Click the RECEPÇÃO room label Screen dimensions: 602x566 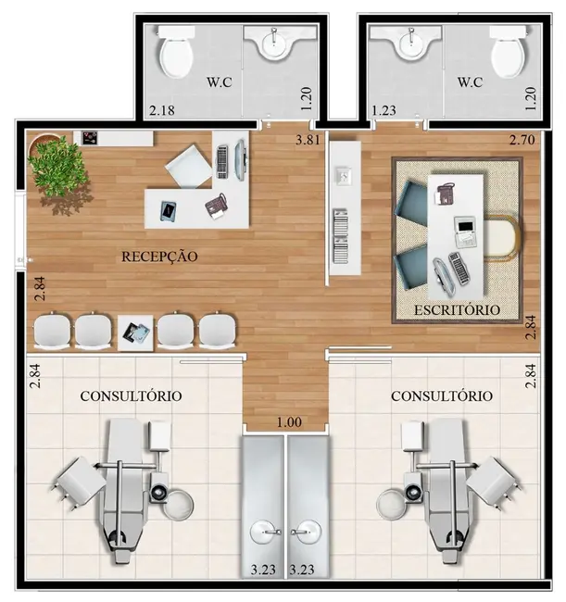tap(158, 257)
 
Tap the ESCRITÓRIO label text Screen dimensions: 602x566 tap(458, 309)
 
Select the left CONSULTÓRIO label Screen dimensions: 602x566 tap(131, 395)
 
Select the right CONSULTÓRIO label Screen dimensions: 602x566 tap(442, 395)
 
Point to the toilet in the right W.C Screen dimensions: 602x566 tap(506, 53)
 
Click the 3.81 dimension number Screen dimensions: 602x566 tap(307, 141)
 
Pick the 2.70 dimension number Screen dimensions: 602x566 tap(522, 141)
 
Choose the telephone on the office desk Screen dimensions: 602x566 tap(445, 194)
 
